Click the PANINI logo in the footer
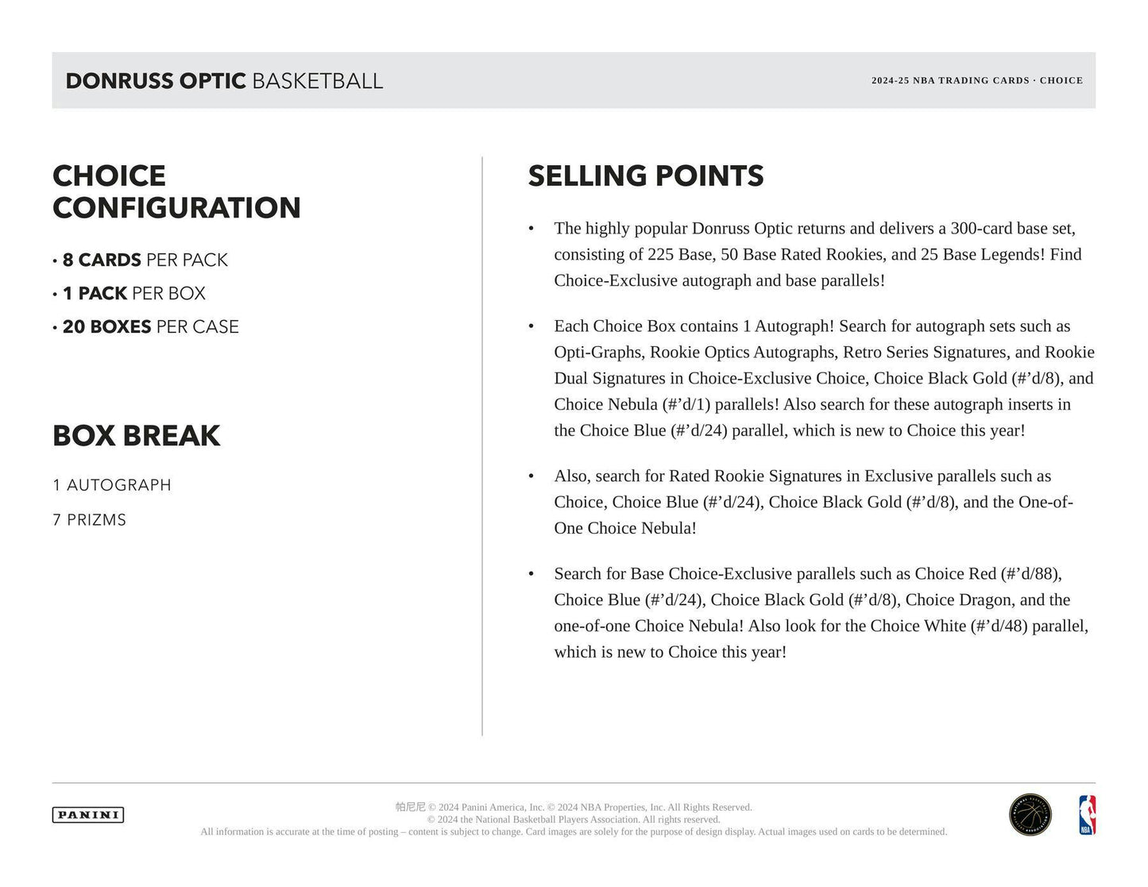point(88,815)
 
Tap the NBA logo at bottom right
point(1086,816)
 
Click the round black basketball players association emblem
point(1030,816)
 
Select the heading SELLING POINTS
point(645,176)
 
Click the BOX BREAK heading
point(137,436)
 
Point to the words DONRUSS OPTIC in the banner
point(156,81)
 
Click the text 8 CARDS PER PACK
point(145,260)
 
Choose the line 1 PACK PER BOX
point(133,294)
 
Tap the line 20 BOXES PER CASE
point(150,327)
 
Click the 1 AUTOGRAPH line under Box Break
point(112,485)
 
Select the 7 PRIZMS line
point(90,520)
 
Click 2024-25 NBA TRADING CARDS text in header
point(949,81)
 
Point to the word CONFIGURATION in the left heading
point(176,209)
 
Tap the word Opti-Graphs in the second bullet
point(598,353)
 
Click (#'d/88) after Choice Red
point(1030,574)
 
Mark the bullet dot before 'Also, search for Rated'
point(531,476)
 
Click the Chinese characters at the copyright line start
point(410,807)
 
